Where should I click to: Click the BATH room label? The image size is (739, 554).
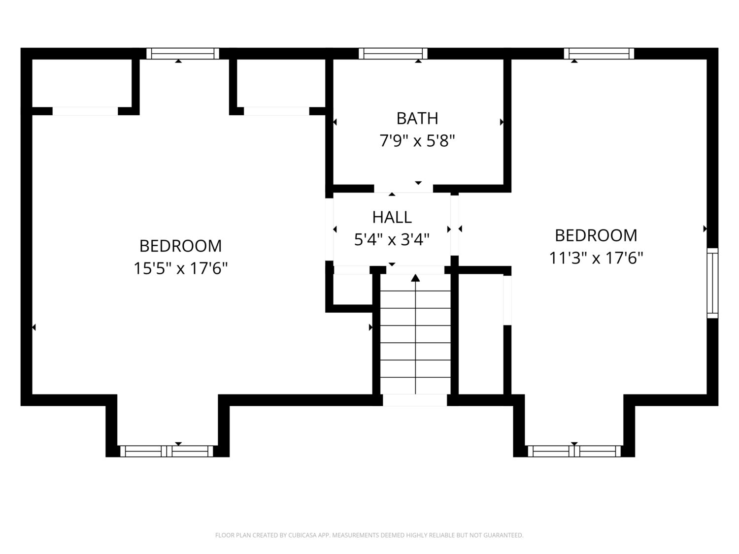[x=417, y=118]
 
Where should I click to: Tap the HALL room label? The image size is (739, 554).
[x=392, y=217]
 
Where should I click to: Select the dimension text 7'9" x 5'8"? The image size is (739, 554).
[x=417, y=141]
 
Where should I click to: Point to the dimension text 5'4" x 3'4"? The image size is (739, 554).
[x=392, y=240]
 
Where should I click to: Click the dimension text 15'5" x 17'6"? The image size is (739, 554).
[x=181, y=268]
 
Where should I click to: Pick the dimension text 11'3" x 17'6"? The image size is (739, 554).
[x=596, y=258]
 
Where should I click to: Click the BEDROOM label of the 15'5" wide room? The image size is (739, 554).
[x=181, y=246]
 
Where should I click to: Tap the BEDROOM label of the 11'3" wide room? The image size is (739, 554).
[x=596, y=235]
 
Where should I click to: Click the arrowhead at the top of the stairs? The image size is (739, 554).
[x=415, y=278]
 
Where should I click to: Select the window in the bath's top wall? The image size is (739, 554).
[x=393, y=54]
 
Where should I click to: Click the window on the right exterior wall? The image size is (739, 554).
[x=712, y=283]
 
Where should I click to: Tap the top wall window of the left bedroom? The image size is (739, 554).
[x=182, y=54]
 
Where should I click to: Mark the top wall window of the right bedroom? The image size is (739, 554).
[x=599, y=54]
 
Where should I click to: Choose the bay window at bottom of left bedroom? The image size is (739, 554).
[x=167, y=451]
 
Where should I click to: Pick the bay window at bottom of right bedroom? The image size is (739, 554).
[x=574, y=451]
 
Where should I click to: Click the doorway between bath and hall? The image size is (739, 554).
[x=403, y=189]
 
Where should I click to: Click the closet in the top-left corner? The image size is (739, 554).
[x=82, y=83]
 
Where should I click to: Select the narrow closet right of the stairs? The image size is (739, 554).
[x=481, y=334]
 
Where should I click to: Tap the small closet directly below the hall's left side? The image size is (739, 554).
[x=352, y=289]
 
